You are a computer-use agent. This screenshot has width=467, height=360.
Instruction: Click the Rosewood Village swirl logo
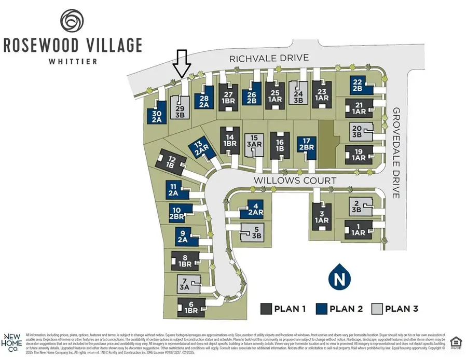point(72,20)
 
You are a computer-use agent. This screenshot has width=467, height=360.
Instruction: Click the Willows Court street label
point(295,180)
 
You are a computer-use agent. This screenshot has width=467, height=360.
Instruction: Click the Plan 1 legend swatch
point(267,309)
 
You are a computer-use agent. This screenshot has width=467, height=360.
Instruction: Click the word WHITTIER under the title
point(72,60)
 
